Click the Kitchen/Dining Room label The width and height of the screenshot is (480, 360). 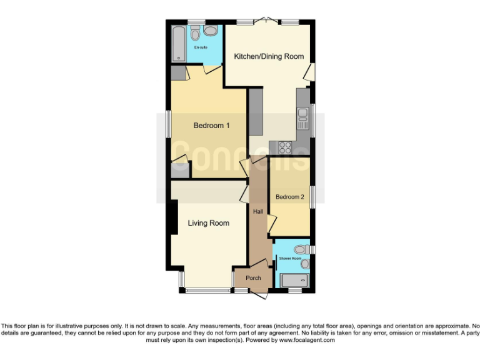click(269, 56)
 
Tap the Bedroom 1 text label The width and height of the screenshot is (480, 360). click(211, 126)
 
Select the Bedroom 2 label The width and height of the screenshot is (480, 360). click(290, 197)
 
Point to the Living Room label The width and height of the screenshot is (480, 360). click(208, 223)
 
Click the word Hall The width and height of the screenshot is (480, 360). click(257, 211)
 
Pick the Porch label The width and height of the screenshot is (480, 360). click(253, 278)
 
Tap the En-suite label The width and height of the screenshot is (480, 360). click(201, 47)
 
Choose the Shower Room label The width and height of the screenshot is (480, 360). click(290, 258)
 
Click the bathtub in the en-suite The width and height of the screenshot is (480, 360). click(179, 42)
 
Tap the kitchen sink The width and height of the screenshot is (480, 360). click(303, 116)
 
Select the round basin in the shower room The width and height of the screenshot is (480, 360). click(304, 264)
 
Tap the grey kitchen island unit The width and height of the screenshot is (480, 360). click(256, 112)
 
